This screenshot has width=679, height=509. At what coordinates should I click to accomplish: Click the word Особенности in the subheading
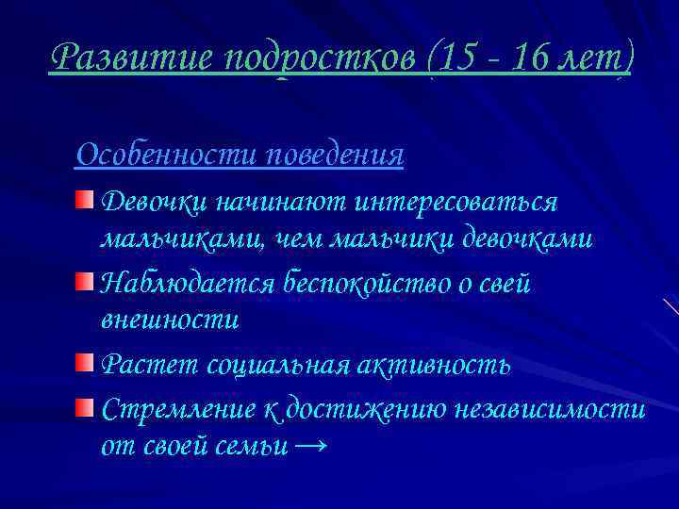coord(166,154)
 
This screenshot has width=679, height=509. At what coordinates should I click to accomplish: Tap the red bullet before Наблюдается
coord(86,281)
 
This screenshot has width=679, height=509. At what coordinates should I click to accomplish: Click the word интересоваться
coord(456,203)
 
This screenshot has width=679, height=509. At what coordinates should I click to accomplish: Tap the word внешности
coord(170,320)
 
